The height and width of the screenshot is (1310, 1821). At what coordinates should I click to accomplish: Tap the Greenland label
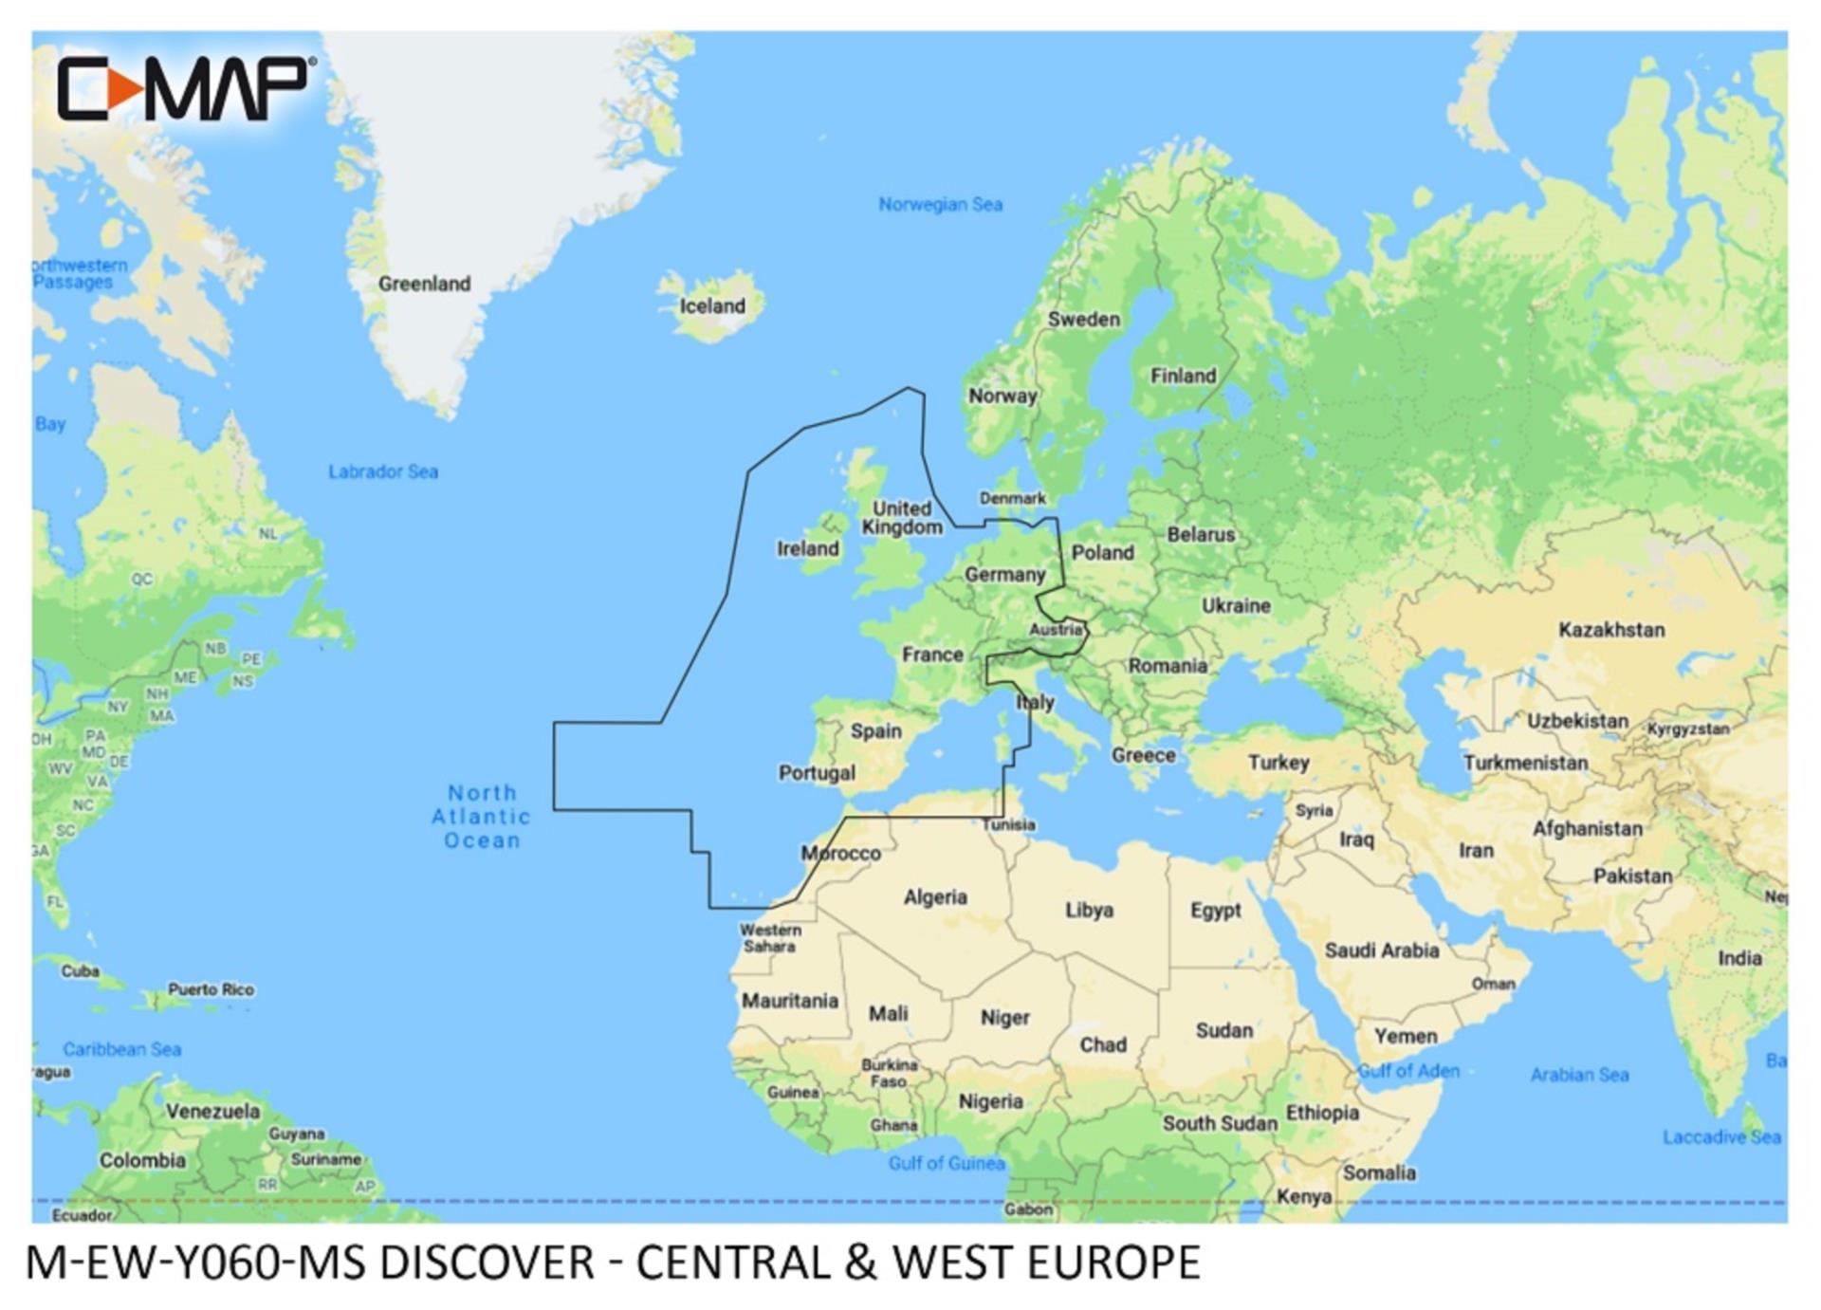(x=424, y=284)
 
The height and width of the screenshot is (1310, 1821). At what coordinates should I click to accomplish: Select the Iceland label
(x=712, y=306)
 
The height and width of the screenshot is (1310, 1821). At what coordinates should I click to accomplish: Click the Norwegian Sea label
(x=940, y=205)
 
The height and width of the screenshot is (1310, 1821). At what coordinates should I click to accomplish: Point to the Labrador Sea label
(x=383, y=471)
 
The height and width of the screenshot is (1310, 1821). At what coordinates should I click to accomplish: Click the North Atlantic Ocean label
(x=482, y=817)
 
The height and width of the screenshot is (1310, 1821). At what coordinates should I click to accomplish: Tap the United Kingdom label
(x=902, y=518)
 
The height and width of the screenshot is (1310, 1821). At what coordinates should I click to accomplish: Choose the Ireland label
(x=808, y=549)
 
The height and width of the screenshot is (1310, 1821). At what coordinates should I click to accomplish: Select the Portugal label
(x=817, y=773)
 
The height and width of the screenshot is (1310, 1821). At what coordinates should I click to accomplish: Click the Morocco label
(x=841, y=854)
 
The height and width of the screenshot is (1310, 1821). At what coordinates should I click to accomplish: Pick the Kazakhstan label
(x=1611, y=630)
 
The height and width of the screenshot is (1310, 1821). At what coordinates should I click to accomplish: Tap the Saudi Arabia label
(x=1382, y=950)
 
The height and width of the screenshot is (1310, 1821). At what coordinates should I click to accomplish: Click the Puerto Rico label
(x=212, y=989)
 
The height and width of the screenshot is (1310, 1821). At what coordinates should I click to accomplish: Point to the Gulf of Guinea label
(x=946, y=1164)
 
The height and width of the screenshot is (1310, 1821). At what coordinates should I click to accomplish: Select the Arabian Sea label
(x=1579, y=1075)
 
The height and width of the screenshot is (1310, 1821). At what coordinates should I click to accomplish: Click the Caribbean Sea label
(x=122, y=1049)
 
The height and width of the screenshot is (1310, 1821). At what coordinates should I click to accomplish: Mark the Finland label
(x=1183, y=377)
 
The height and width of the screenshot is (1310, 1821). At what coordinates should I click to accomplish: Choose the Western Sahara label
(x=770, y=938)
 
